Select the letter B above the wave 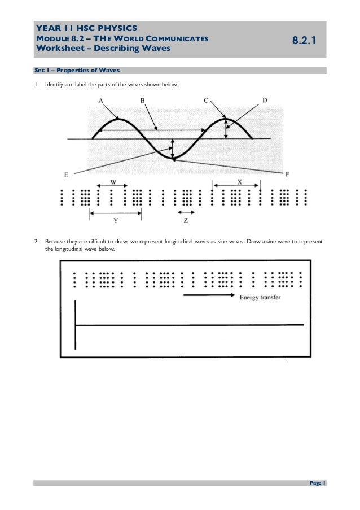click(x=143, y=100)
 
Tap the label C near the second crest click(x=207, y=100)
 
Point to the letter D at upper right click(x=265, y=100)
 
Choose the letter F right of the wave click(x=287, y=174)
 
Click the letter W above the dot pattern click(x=113, y=182)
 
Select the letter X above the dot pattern click(x=239, y=182)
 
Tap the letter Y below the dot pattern click(x=116, y=220)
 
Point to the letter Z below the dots click(x=186, y=220)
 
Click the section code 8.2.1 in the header click(x=305, y=41)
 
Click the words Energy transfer click(x=260, y=297)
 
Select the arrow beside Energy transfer click(x=209, y=296)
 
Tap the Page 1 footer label click(x=317, y=483)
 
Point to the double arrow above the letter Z click(x=186, y=212)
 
